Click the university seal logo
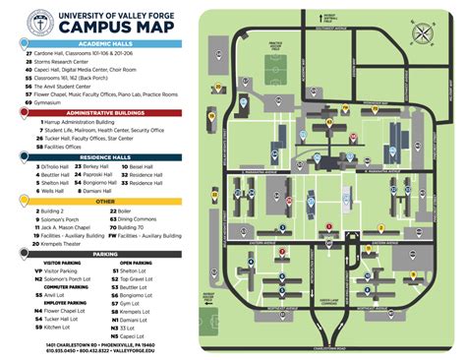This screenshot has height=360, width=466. [x=40, y=21]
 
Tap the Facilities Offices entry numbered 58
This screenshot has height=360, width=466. [x=66, y=147]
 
